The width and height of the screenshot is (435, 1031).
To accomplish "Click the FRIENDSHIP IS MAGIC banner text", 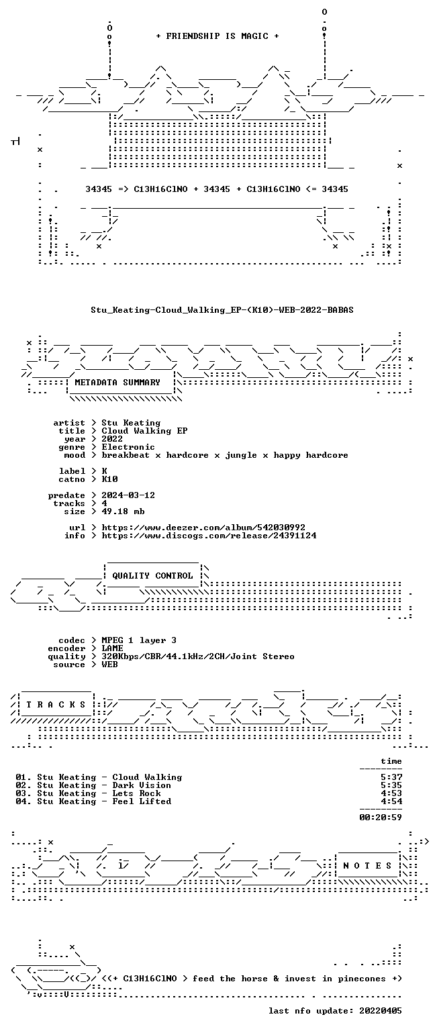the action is pyautogui.click(x=217, y=36).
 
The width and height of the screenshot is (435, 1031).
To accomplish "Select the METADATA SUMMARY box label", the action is pyautogui.click(x=117, y=382).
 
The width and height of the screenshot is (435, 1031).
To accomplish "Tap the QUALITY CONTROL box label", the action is pyautogui.click(x=152, y=575).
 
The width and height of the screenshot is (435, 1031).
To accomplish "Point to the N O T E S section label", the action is pyautogui.click(x=367, y=865).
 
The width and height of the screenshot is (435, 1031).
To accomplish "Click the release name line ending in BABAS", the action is pyautogui.click(x=222, y=309).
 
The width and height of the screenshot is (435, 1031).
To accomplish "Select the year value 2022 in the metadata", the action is pyautogui.click(x=112, y=438).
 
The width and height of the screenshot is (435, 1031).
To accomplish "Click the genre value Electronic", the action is pyautogui.click(x=128, y=447).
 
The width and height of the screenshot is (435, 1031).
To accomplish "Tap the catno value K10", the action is pyautogui.click(x=109, y=479).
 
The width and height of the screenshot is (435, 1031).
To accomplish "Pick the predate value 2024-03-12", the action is pyautogui.click(x=128, y=495).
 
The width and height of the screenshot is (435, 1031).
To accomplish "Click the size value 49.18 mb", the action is pyautogui.click(x=123, y=511).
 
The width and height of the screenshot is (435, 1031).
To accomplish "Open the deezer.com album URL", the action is pyautogui.click(x=203, y=528).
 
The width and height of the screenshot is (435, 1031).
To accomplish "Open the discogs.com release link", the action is pyautogui.click(x=209, y=536).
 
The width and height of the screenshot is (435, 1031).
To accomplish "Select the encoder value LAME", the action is pyautogui.click(x=112, y=648).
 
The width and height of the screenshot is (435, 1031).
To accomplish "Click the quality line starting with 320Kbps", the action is pyautogui.click(x=198, y=656).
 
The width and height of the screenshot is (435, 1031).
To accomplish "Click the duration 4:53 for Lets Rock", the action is pyautogui.click(x=391, y=793).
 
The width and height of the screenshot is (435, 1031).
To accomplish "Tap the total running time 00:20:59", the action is pyautogui.click(x=381, y=818).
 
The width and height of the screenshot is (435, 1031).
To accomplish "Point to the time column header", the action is pyautogui.click(x=391, y=761).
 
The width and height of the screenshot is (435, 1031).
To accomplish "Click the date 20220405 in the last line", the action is pyautogui.click(x=381, y=1011).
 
